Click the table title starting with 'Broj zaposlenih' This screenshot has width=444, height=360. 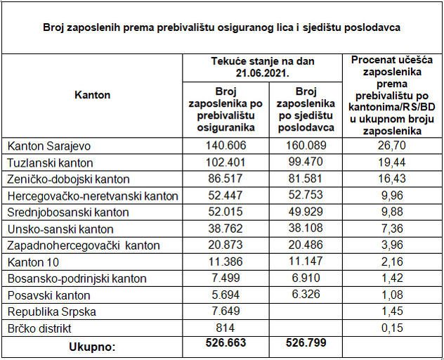tap(222, 28)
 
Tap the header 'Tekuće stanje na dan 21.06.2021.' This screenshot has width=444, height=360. tap(263, 67)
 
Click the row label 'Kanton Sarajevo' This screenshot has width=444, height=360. tap(50, 146)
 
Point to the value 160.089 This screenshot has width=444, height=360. tap(306, 146)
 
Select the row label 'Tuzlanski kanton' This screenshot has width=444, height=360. tap(51, 162)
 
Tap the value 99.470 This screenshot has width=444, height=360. tap(306, 162)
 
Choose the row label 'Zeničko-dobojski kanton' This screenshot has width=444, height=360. tap(68, 179)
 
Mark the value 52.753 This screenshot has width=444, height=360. tap(306, 196)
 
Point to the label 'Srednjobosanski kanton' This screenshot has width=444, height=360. tap(68, 212)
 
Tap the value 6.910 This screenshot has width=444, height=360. tap(306, 279)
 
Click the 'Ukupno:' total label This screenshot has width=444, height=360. tap(92, 347)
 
